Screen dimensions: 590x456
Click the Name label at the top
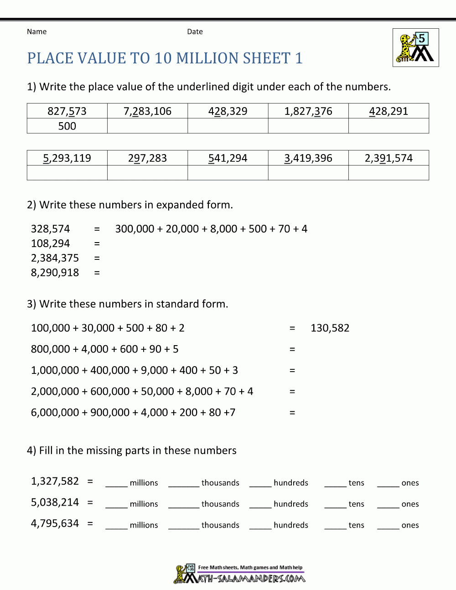click(36, 31)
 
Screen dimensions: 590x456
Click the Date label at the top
click(195, 31)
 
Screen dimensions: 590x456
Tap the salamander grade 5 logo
click(415, 48)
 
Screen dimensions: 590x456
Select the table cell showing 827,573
click(67, 111)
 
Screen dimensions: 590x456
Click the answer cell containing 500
click(67, 126)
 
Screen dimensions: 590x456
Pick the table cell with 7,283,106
click(147, 111)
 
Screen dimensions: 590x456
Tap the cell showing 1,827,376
click(308, 111)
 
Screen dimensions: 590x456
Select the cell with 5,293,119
click(67, 158)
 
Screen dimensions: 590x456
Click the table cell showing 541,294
click(228, 158)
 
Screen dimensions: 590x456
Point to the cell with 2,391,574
click(389, 158)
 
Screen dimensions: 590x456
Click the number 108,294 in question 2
click(51, 243)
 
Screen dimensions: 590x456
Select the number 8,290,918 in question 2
click(55, 273)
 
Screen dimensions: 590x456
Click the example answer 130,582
click(330, 328)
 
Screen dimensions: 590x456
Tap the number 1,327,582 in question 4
click(55, 481)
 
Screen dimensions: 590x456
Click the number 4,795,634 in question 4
click(55, 523)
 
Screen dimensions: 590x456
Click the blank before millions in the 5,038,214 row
click(116, 504)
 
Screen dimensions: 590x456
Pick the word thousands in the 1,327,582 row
click(220, 483)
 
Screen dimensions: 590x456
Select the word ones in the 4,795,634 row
click(410, 525)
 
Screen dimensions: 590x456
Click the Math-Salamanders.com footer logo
click(239, 574)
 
